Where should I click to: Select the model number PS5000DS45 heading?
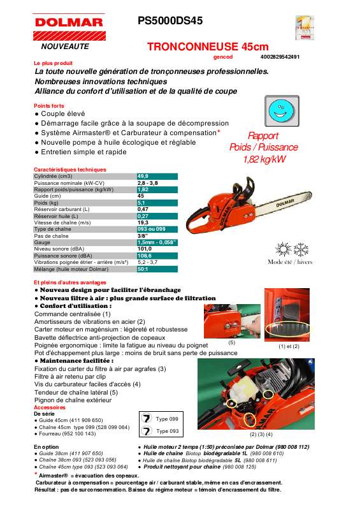(170, 20)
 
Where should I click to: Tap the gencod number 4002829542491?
(280, 57)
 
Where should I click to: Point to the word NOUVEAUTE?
(65, 47)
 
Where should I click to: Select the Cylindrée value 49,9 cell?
(143, 176)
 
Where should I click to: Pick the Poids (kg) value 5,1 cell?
(143, 202)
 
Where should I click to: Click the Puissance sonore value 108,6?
(145, 255)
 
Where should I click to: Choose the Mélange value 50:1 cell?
(143, 269)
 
